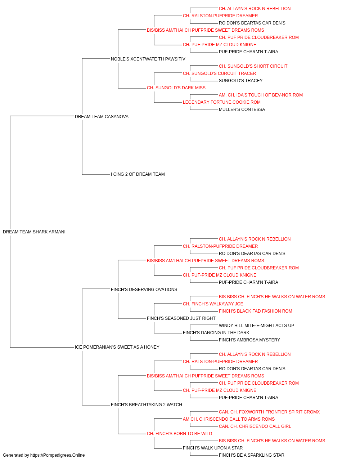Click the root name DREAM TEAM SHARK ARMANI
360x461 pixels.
34,232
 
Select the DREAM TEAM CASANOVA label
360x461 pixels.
102,117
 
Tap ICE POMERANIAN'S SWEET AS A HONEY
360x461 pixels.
117,347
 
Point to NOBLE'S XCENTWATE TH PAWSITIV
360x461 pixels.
148,59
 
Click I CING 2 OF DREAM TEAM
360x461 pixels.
138,174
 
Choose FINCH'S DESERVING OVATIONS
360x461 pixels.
144,289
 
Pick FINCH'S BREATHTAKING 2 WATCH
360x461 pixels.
146,404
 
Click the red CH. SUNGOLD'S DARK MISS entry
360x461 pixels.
176,88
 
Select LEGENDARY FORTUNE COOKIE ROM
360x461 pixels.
221,102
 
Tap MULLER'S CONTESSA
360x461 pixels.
242,109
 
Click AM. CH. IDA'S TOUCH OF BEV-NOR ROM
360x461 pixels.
261,95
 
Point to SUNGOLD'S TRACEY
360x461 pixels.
240,81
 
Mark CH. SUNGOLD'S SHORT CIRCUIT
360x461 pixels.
253,66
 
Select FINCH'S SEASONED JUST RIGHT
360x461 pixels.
181,318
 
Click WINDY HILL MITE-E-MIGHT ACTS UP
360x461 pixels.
256,326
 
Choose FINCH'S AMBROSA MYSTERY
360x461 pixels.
249,340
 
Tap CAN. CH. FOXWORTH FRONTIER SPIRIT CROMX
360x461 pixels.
269,412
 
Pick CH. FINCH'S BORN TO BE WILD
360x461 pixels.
179,433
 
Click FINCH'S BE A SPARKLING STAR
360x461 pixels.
251,455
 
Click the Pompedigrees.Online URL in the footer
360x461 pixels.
58,455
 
